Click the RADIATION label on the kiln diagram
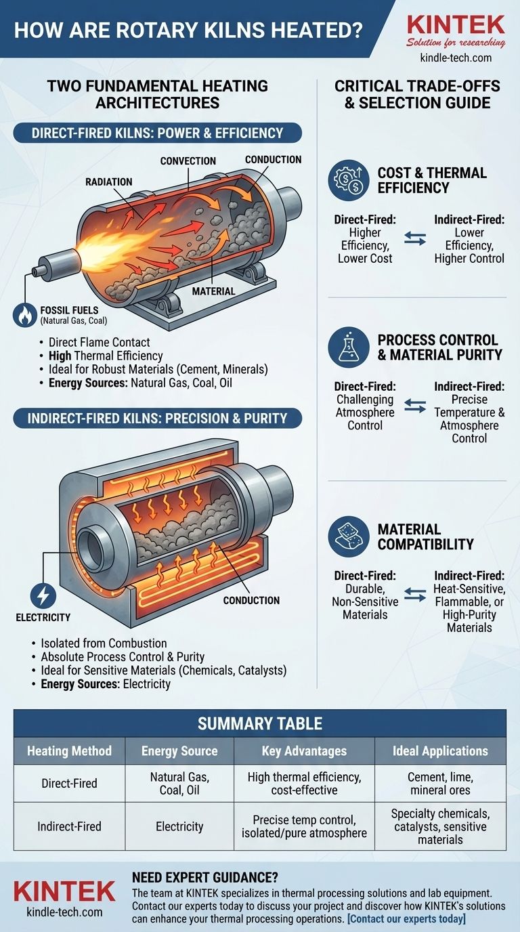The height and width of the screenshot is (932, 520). click(109, 182)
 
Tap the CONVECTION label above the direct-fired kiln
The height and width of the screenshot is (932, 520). click(188, 161)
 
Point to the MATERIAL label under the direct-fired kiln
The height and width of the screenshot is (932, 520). click(213, 291)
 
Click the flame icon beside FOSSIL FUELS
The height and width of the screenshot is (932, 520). click(25, 315)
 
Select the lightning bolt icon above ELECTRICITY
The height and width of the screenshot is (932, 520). click(43, 595)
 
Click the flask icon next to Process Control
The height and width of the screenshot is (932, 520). click(349, 347)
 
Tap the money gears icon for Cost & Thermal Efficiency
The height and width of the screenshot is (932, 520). click(349, 181)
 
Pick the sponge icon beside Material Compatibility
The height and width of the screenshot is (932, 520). click(349, 536)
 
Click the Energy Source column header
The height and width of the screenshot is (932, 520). click(179, 750)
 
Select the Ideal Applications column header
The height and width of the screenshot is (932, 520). click(440, 750)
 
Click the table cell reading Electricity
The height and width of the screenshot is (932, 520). click(179, 826)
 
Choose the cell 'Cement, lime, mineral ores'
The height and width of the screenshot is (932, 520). click(440, 784)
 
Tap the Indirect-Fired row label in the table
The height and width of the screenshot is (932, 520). click(69, 826)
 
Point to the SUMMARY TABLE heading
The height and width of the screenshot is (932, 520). click(260, 723)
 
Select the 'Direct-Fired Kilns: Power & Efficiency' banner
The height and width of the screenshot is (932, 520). click(157, 133)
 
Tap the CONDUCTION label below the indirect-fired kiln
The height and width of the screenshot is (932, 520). click(251, 600)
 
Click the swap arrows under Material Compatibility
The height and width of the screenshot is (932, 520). click(415, 595)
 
